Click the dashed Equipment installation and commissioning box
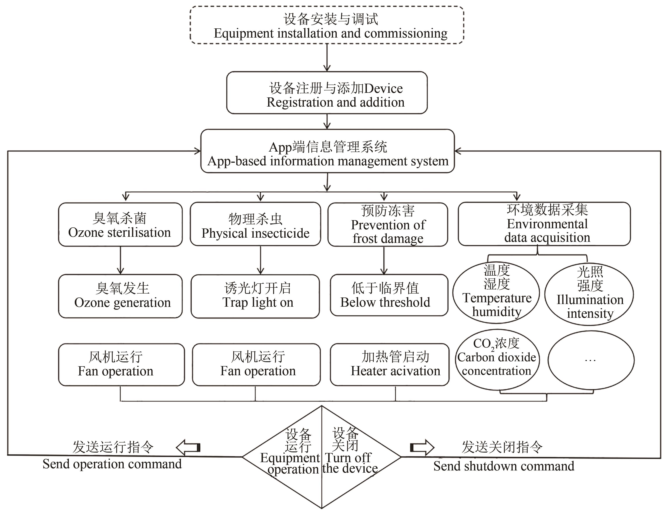pos(327,25)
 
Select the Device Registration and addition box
pos(327,93)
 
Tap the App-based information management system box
pos(328,151)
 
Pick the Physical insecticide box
pos(255,224)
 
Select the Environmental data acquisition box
pos(544,224)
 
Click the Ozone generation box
pos(120,296)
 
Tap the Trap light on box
pos(255,296)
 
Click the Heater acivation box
pos(390,365)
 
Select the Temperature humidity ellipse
pos(496,293)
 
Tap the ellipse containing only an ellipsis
pos(591,360)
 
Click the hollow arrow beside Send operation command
pos(188,448)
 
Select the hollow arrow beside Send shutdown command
pos(422,448)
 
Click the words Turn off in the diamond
pos(348,458)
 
